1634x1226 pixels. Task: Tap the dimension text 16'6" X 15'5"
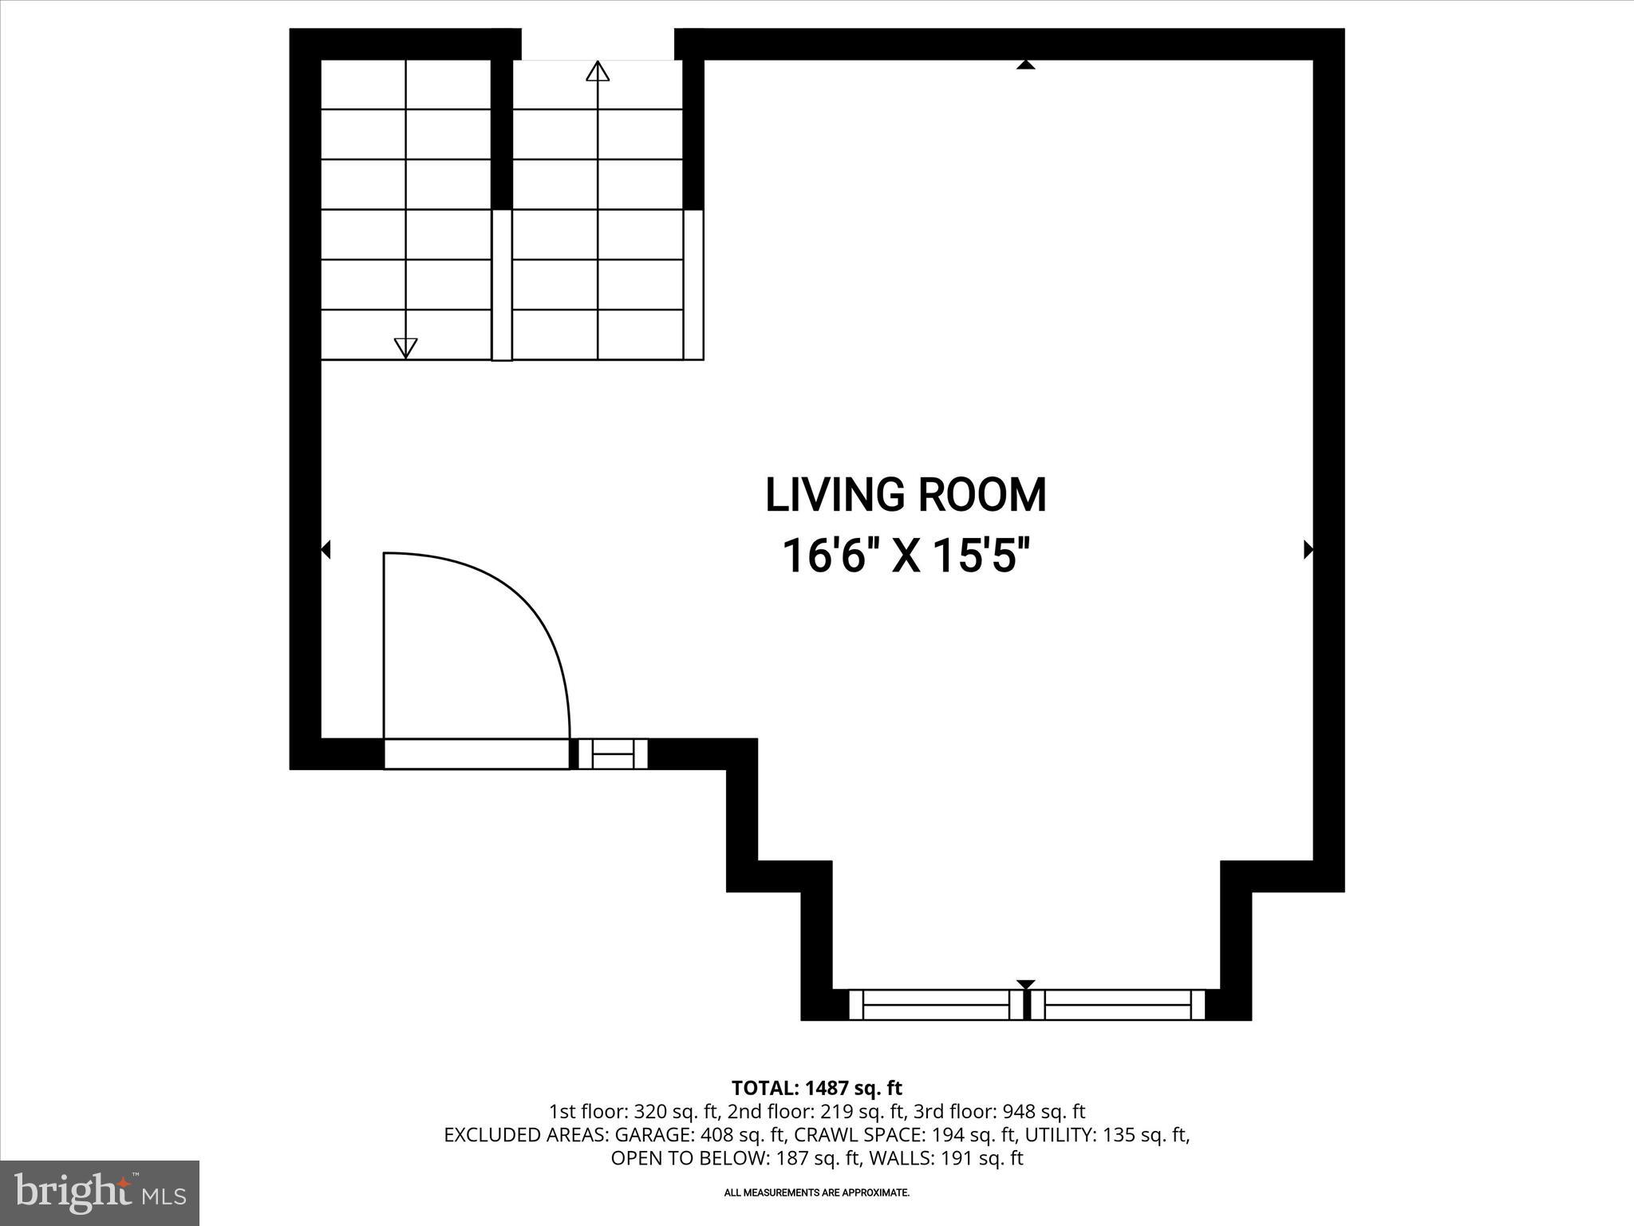(x=906, y=556)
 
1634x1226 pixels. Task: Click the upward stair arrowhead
(x=598, y=71)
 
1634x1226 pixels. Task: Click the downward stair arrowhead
(x=406, y=347)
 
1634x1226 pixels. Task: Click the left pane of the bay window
(x=936, y=1004)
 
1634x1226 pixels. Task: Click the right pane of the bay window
(x=1116, y=1004)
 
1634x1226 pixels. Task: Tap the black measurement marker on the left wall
(x=326, y=549)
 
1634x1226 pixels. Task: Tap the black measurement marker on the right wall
(x=1308, y=549)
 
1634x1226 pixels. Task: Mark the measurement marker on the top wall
(x=1026, y=65)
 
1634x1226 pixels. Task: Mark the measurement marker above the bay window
(x=1026, y=984)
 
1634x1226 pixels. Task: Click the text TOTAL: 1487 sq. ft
(x=816, y=1088)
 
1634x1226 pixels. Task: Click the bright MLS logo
(x=100, y=1193)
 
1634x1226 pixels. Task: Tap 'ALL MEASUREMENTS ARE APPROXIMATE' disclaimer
(x=816, y=1192)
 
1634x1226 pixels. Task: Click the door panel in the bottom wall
(x=476, y=753)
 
